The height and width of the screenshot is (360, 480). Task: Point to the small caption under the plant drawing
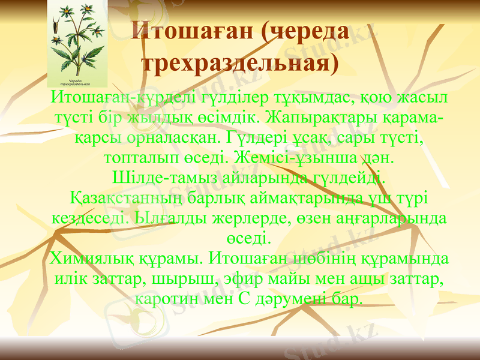(x=76, y=82)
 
